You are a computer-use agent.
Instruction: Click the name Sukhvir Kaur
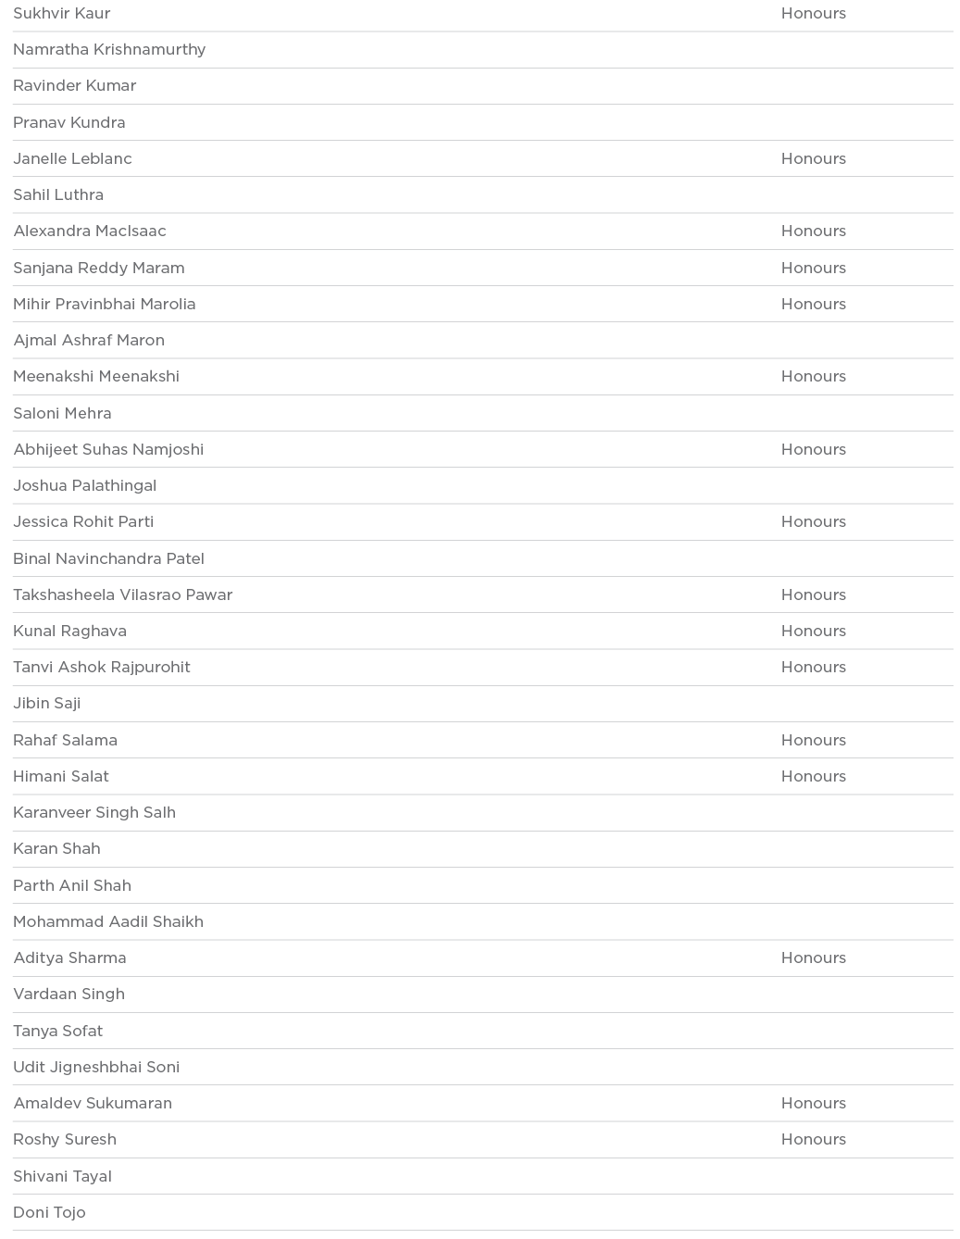coord(62,13)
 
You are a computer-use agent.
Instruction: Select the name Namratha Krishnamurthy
coord(109,49)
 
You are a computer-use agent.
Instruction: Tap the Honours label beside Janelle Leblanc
coord(813,158)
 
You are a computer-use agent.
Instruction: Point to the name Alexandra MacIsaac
coord(90,231)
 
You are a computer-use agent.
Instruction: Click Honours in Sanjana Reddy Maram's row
coord(813,268)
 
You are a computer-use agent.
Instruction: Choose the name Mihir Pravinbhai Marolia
coord(105,304)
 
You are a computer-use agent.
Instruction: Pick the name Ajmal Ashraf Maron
coord(89,340)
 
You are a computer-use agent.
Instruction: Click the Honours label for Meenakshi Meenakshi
coord(813,376)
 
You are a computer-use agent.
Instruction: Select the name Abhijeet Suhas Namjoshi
coord(108,449)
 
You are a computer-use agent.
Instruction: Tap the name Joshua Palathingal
coord(84,485)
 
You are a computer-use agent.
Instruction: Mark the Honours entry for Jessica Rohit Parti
coord(813,521)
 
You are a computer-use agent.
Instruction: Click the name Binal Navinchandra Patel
coord(108,558)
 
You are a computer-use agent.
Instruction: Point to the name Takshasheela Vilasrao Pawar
coord(123,594)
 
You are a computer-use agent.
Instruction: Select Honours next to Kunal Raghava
coord(813,631)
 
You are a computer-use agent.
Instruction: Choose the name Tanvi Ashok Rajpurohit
coord(102,667)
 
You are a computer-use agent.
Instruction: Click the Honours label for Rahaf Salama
coord(813,740)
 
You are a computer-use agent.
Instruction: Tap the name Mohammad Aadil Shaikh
coord(108,921)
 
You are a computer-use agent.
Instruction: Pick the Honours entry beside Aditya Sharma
coord(813,957)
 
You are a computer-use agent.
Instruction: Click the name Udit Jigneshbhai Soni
coord(96,1067)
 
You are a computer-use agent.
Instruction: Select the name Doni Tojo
coord(49,1212)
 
